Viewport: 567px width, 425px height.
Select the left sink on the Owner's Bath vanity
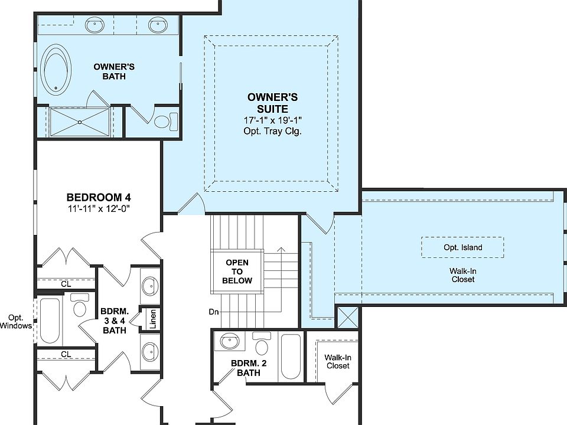[94, 25]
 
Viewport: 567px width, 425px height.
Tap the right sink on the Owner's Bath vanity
[157, 25]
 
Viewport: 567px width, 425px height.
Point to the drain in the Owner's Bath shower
[79, 122]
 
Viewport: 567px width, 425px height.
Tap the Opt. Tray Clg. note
[272, 131]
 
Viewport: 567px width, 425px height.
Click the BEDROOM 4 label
[99, 197]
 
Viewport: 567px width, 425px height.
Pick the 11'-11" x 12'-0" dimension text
[99, 208]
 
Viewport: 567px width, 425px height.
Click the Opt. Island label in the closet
[462, 247]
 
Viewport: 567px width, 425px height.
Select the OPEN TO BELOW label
[237, 272]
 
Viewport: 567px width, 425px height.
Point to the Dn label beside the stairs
[214, 311]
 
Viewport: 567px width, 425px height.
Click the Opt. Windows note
[16, 321]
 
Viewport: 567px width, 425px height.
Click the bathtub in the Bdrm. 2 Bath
[291, 357]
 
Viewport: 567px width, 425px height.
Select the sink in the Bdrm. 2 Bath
[228, 341]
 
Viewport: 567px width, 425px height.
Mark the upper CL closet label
[66, 284]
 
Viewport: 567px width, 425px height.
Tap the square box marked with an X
[347, 318]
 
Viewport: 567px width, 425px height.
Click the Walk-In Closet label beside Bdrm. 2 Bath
[337, 361]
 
